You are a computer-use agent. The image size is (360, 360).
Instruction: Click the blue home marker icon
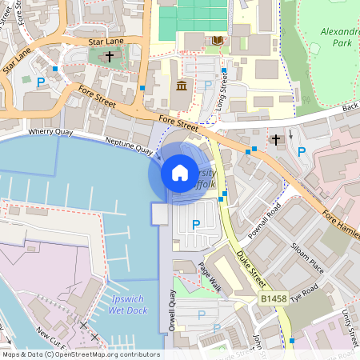coord(180,172)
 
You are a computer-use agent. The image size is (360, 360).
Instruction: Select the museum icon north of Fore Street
coord(181,86)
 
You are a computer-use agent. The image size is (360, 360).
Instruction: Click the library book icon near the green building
coord(217,39)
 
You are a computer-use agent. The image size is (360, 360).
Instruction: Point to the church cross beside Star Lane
coord(109,56)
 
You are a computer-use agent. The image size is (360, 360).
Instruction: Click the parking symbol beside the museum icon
coord(207,86)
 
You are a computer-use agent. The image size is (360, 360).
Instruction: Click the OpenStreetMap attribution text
coord(80,354)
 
